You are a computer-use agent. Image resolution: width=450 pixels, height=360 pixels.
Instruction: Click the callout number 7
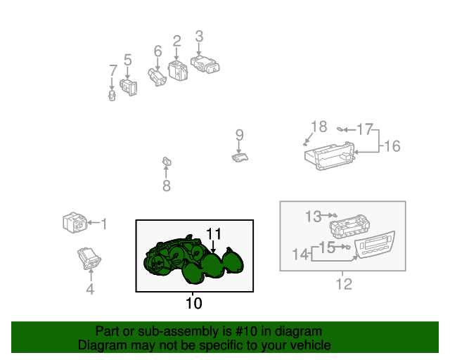point(113,70)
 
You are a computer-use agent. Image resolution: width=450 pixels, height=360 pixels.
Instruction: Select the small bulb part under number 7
point(112,96)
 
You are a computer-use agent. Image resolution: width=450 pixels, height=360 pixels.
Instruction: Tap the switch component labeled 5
point(128,87)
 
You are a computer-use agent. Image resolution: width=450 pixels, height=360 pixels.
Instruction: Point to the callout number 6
point(157,51)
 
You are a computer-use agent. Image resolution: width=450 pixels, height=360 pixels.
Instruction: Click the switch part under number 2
point(178,70)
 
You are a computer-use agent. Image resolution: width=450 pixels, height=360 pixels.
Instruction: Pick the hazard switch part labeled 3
point(205,65)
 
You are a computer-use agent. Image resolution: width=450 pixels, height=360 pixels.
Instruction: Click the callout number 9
point(240,135)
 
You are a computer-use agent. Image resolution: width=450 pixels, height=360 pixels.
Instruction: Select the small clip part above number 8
point(167,162)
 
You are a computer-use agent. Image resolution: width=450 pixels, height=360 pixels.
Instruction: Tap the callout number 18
point(319,127)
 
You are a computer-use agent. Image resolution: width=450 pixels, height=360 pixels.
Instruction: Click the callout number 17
point(365,129)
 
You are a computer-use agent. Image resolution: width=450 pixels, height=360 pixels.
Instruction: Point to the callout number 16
point(392,146)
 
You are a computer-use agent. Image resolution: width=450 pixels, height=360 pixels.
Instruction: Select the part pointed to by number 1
point(75,222)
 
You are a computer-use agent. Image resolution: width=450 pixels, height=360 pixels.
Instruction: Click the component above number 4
point(89,258)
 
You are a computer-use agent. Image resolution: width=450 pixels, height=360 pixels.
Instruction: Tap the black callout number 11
point(214,234)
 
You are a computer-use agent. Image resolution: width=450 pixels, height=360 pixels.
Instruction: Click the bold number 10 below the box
point(194,303)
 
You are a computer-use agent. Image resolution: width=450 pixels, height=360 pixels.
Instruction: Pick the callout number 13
point(313,217)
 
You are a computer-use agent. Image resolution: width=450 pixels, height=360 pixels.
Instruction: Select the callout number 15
point(327,247)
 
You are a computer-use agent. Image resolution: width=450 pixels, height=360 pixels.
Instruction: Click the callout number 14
point(300,255)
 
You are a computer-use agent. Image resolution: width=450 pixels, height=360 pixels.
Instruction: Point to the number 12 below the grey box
point(344,284)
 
